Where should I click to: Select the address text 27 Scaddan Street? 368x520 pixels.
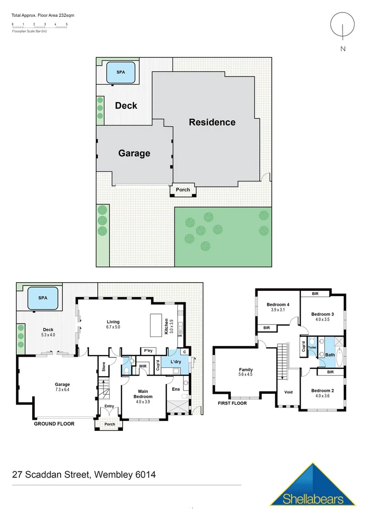click(x=51, y=475)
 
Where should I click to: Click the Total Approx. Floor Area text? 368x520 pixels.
click(x=43, y=15)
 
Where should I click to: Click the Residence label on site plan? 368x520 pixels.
click(x=212, y=122)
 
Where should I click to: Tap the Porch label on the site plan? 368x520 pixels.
click(x=183, y=190)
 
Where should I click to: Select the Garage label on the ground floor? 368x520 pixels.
click(x=62, y=384)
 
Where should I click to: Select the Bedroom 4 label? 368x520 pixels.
click(x=278, y=304)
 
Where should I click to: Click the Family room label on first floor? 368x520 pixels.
click(x=246, y=370)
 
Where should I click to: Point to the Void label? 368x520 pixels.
click(x=288, y=392)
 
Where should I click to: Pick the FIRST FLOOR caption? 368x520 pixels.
click(x=232, y=403)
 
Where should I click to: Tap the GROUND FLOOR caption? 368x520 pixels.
click(x=54, y=424)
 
